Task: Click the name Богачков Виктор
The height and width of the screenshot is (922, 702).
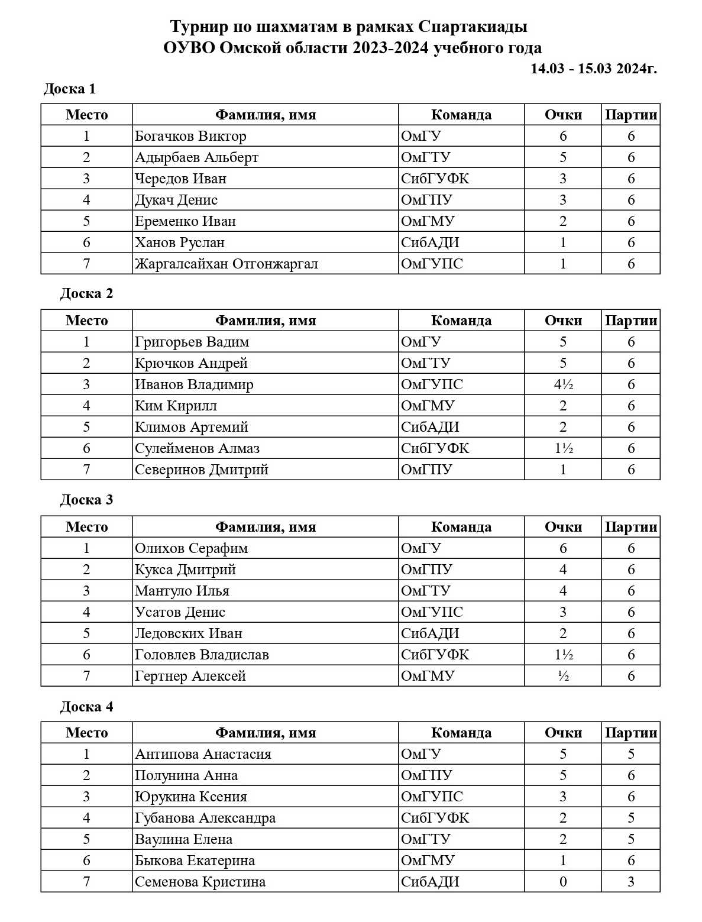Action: pos(190,136)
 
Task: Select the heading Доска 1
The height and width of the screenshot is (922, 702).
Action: pos(70,89)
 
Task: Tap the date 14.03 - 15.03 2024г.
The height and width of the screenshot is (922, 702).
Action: pos(593,69)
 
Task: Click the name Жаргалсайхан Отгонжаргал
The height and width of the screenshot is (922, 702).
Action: pos(226,264)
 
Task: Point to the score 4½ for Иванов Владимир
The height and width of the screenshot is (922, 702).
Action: pos(563,384)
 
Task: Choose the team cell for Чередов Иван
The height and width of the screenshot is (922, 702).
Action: pos(435,179)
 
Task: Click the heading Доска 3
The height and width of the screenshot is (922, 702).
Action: pos(86,500)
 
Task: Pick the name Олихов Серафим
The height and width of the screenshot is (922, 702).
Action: pos(191,548)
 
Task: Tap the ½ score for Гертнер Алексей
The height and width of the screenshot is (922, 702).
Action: pos(563,676)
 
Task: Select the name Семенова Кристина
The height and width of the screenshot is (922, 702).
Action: pos(200,882)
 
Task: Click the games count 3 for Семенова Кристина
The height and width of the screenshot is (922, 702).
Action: pos(630,882)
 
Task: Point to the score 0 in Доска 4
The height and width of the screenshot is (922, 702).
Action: pos(563,882)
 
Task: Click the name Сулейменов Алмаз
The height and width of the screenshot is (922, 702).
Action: pos(197,448)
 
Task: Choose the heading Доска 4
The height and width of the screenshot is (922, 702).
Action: pos(86,707)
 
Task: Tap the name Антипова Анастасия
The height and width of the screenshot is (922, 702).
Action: pos(203,754)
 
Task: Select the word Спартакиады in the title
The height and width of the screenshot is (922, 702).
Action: pos(473,27)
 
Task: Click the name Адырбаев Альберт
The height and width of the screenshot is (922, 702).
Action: pos(196,157)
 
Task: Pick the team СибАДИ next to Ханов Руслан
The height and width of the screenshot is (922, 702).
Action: pos(430,242)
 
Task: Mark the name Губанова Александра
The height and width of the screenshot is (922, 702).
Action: pos(205,818)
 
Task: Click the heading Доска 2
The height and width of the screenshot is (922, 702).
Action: pos(86,294)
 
